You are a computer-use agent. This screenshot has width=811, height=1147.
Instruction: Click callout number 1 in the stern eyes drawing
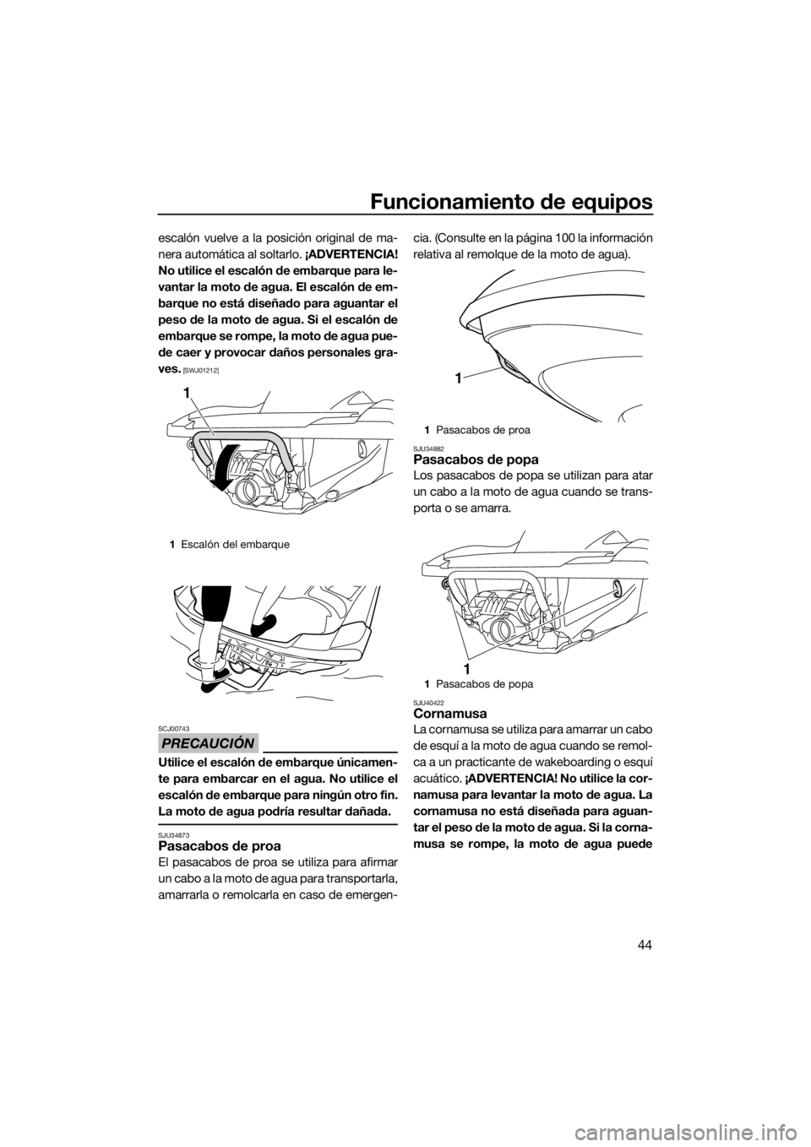click(x=468, y=668)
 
